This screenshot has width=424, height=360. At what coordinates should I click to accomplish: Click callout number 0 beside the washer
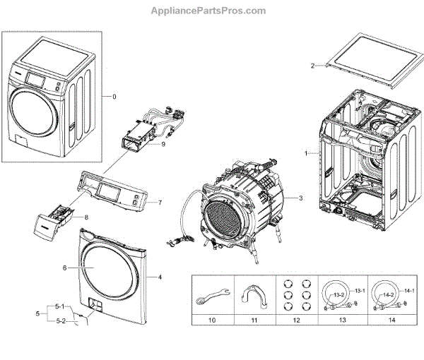tap(114, 96)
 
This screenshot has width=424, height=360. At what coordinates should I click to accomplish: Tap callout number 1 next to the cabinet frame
tap(305, 153)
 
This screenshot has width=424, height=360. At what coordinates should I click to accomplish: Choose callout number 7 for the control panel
tap(160, 203)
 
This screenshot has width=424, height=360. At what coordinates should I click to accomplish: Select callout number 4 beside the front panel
tap(160, 277)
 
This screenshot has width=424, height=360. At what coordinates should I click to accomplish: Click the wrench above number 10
tap(211, 293)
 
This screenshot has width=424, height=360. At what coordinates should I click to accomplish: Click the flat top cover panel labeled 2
tap(363, 56)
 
